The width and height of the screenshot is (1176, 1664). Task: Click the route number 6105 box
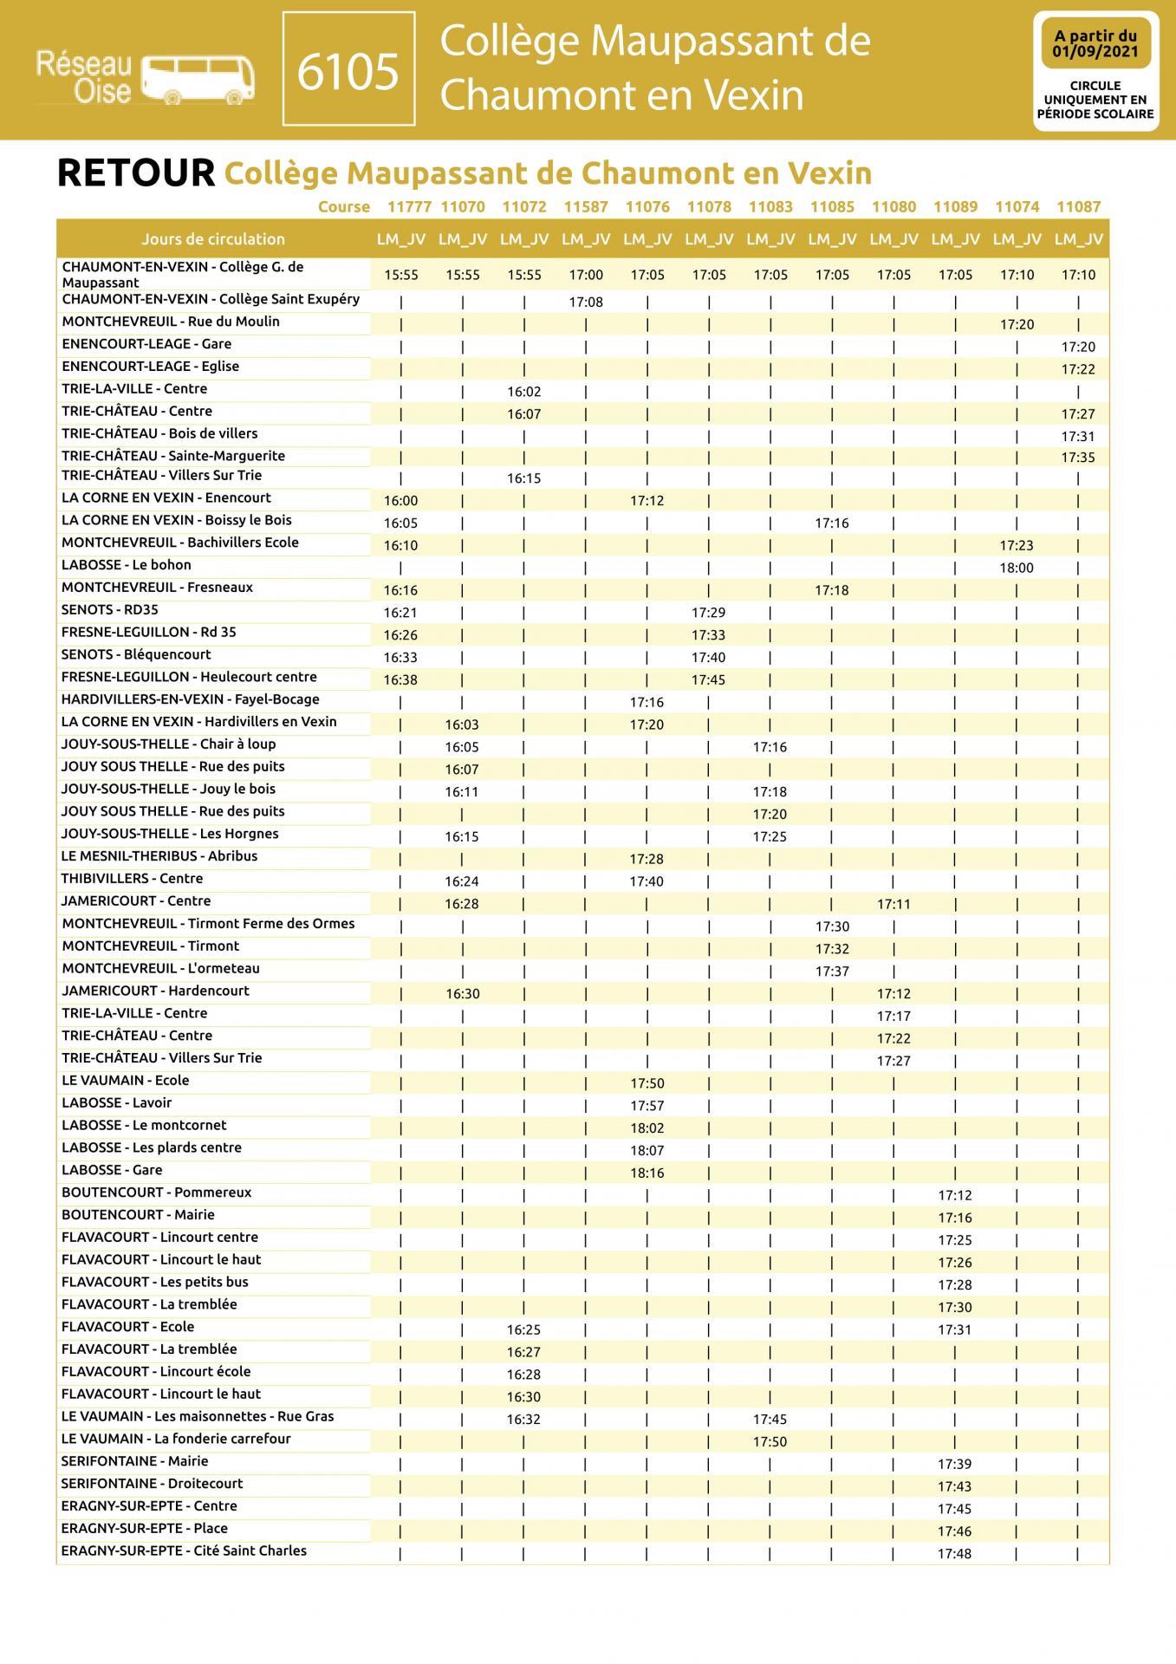(348, 71)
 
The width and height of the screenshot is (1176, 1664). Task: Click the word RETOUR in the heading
(135, 173)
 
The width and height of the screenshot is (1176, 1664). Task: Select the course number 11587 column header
(586, 207)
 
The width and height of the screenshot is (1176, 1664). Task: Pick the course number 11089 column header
(955, 207)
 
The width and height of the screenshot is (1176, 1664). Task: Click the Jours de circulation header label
(213, 239)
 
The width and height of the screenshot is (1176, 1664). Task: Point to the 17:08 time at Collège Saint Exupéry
(586, 302)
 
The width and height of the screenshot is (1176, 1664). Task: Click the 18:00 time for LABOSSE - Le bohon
(1017, 569)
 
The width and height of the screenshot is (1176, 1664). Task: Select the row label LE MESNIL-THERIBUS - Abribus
(159, 856)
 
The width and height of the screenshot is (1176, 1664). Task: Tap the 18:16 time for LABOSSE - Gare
(647, 1173)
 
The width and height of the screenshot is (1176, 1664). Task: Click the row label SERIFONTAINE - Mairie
(135, 1461)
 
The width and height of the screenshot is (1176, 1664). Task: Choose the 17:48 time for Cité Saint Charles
(954, 1554)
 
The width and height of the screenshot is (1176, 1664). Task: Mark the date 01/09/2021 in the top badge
(1095, 52)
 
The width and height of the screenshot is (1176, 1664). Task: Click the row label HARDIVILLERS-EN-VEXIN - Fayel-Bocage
(191, 699)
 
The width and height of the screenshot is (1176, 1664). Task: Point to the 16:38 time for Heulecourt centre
(400, 680)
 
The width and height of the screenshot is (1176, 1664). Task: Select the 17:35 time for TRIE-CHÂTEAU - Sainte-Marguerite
(1078, 458)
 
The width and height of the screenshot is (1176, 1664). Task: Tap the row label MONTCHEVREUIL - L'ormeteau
(160, 969)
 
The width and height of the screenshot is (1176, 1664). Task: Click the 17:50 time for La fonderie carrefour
(770, 1442)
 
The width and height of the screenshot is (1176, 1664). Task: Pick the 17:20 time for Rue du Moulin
(1017, 325)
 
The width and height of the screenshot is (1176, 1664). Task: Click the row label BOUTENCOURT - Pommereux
(157, 1193)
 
